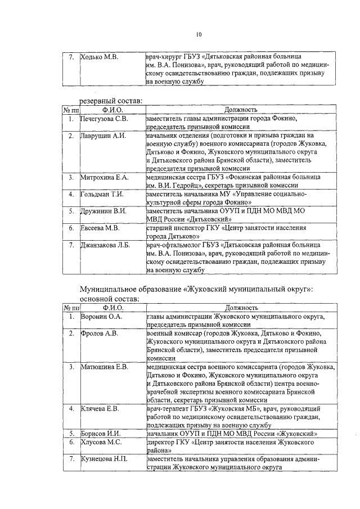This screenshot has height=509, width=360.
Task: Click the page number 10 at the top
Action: tap(199, 35)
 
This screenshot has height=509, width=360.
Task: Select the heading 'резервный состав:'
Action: tap(111, 100)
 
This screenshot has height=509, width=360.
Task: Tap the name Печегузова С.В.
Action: tap(105, 119)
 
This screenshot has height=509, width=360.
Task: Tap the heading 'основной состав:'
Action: tap(110, 299)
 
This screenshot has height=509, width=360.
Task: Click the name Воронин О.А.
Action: tap(101, 317)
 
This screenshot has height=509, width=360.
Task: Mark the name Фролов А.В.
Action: tap(99, 334)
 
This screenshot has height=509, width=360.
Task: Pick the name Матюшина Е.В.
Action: tap(105, 367)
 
